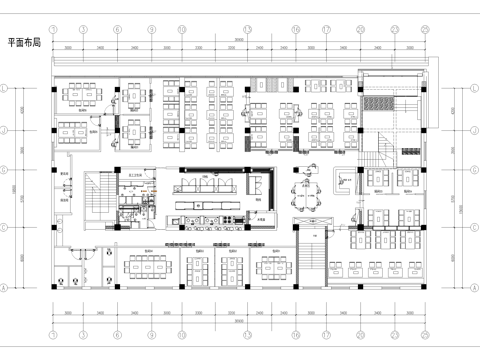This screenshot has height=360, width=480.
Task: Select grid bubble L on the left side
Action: pos(8,88)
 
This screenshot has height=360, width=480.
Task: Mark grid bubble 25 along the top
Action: pos(425,29)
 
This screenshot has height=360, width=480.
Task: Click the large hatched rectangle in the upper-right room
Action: pos(383,104)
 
